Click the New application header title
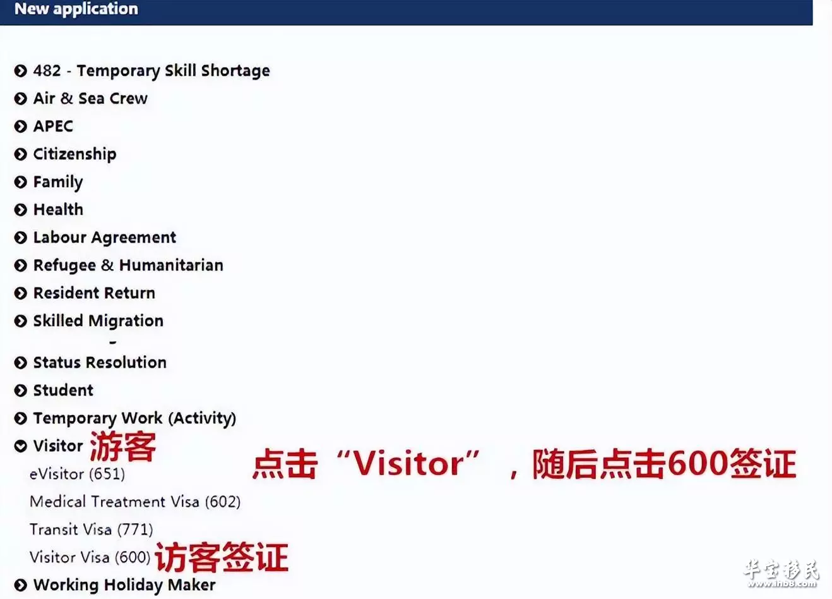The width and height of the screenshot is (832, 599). tap(76, 9)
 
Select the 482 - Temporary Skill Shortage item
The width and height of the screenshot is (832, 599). tap(152, 71)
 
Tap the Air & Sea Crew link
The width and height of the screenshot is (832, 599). tap(90, 99)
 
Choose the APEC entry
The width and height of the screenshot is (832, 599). tap(53, 126)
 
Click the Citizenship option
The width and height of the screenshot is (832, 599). tap(74, 154)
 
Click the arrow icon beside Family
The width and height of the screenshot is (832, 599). tap(21, 182)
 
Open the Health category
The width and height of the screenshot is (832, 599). tap(58, 210)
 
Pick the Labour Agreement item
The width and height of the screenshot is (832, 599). tap(105, 238)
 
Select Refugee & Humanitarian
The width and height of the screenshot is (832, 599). tap(129, 265)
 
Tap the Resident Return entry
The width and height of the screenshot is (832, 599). tap(94, 293)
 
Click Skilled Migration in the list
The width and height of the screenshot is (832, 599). tap(98, 321)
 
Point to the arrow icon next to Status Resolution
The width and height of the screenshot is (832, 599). tap(21, 363)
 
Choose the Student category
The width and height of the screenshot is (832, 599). tap(64, 390)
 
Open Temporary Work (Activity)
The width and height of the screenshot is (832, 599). tap(135, 418)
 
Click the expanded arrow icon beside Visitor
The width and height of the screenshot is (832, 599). tap(21, 446)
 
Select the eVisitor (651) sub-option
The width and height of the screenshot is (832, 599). tap(77, 474)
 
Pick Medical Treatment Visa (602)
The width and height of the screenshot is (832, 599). tap(135, 502)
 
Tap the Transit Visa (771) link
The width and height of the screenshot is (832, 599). tap(92, 529)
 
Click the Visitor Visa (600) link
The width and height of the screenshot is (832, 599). tap(90, 557)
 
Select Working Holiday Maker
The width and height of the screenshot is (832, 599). tap(124, 585)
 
